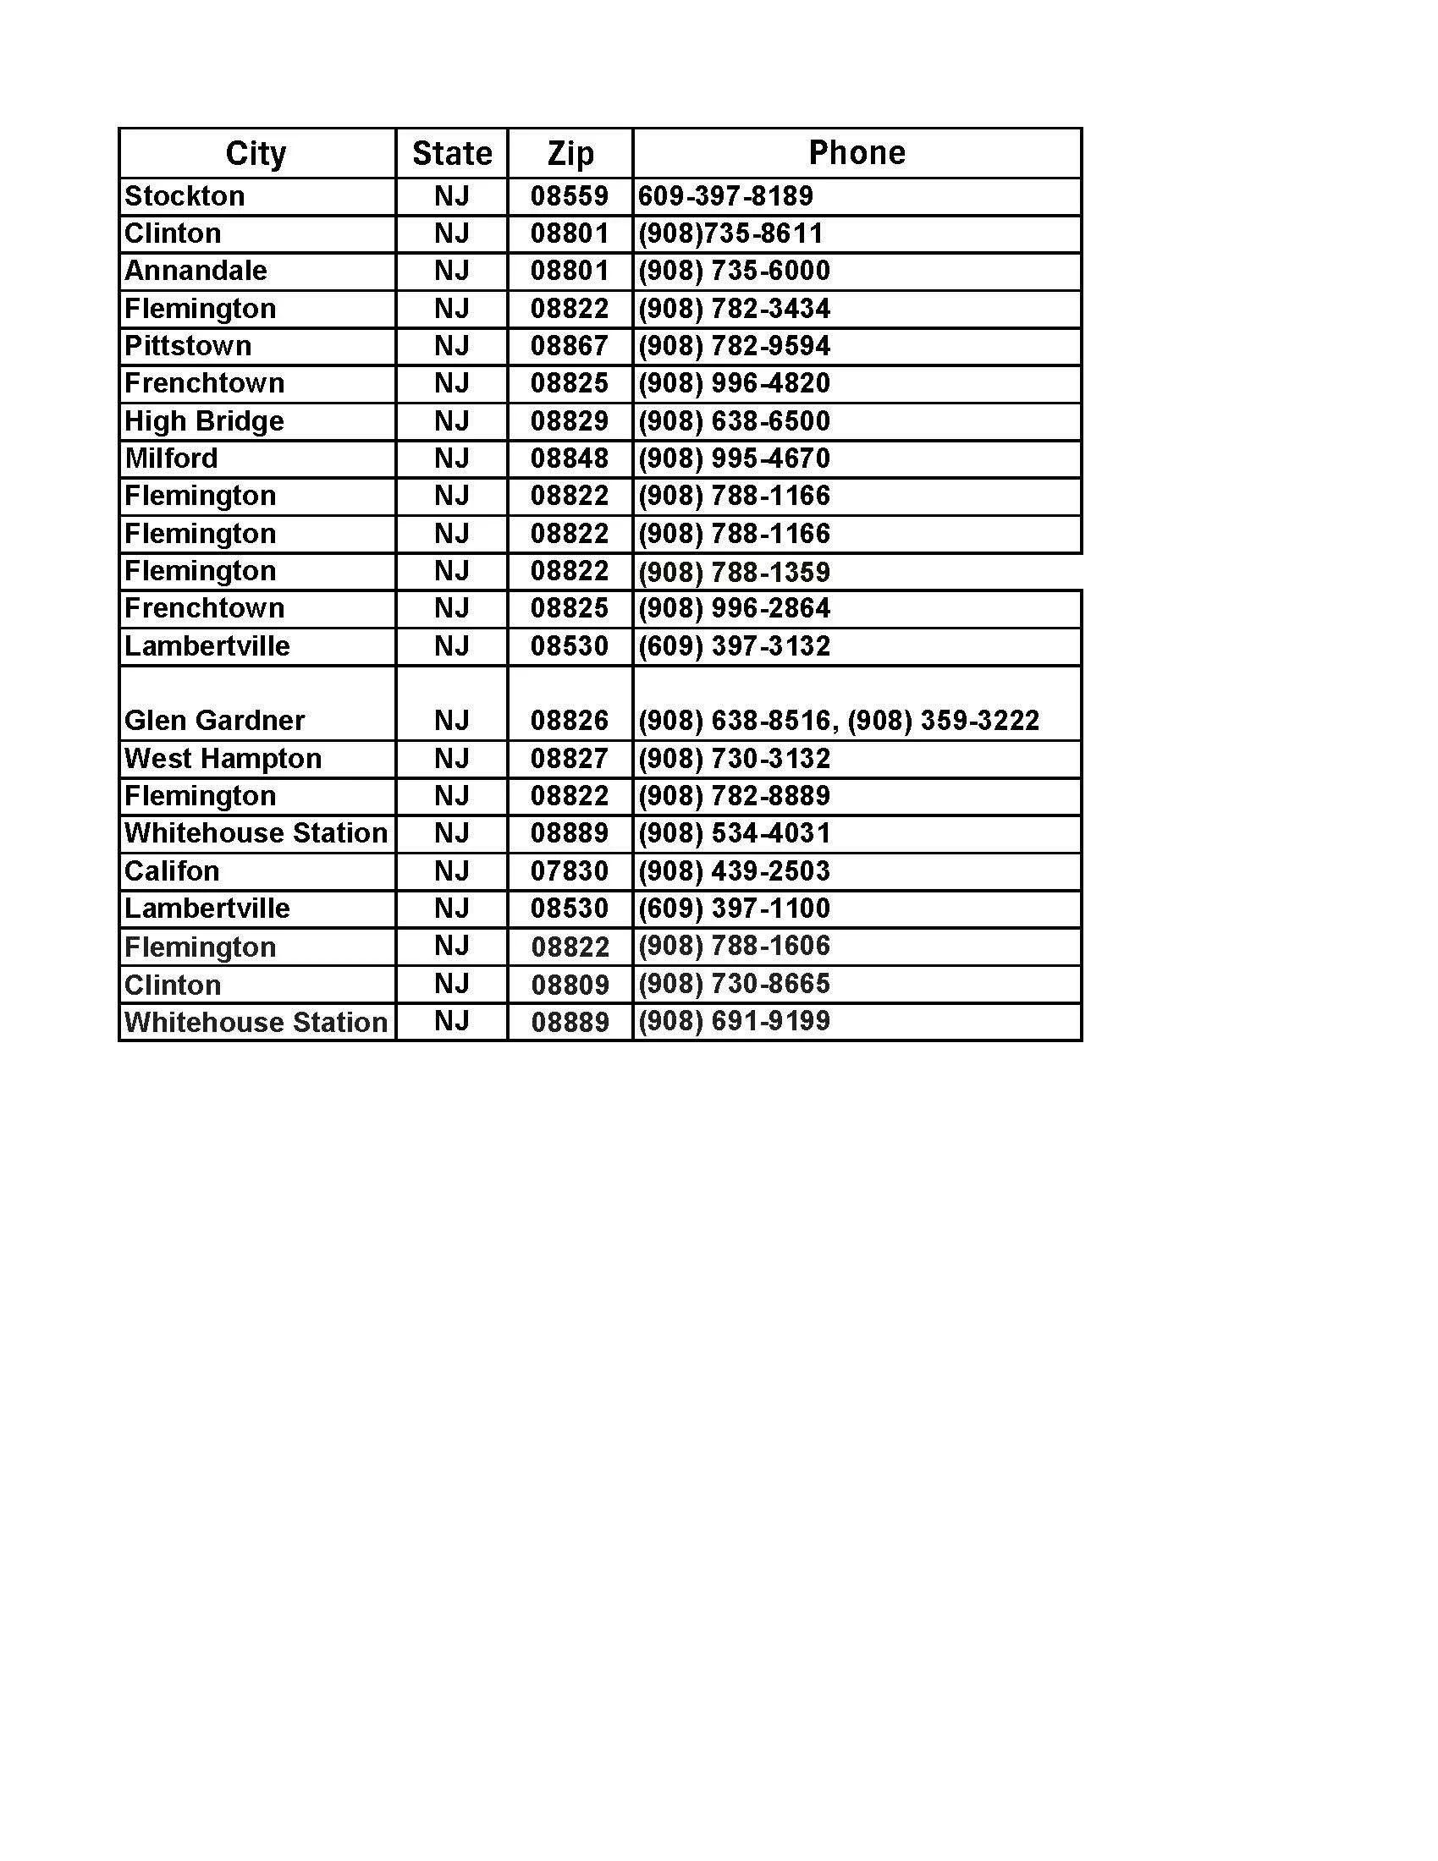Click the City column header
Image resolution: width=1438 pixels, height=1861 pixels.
[x=256, y=153]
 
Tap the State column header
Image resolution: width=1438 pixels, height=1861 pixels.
[x=452, y=153]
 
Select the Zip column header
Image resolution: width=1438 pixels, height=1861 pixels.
[x=570, y=153]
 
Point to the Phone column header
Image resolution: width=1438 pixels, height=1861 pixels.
[x=857, y=152]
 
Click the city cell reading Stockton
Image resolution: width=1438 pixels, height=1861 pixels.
[x=185, y=196]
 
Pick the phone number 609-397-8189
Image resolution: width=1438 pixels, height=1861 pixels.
[x=725, y=196]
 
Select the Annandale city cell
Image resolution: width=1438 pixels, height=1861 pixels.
[x=196, y=271]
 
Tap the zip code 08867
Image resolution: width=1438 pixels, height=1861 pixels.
[x=570, y=346]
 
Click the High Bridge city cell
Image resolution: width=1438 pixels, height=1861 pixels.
[x=205, y=421]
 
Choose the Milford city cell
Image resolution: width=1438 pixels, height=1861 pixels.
[x=171, y=458]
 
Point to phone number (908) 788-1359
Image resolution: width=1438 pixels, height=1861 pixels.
[x=734, y=572]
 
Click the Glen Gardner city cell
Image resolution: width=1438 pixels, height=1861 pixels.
[x=215, y=721]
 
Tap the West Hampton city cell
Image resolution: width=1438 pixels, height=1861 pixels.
[x=223, y=759]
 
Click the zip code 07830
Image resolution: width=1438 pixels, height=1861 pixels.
[x=570, y=870]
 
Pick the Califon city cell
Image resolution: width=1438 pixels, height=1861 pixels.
[x=172, y=870]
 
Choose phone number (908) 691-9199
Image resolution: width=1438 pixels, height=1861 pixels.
[x=734, y=1021]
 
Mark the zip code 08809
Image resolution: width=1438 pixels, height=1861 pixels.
[x=570, y=985]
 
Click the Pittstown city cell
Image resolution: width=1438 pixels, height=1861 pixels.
[x=189, y=346]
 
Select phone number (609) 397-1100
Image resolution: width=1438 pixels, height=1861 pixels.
[x=734, y=909]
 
